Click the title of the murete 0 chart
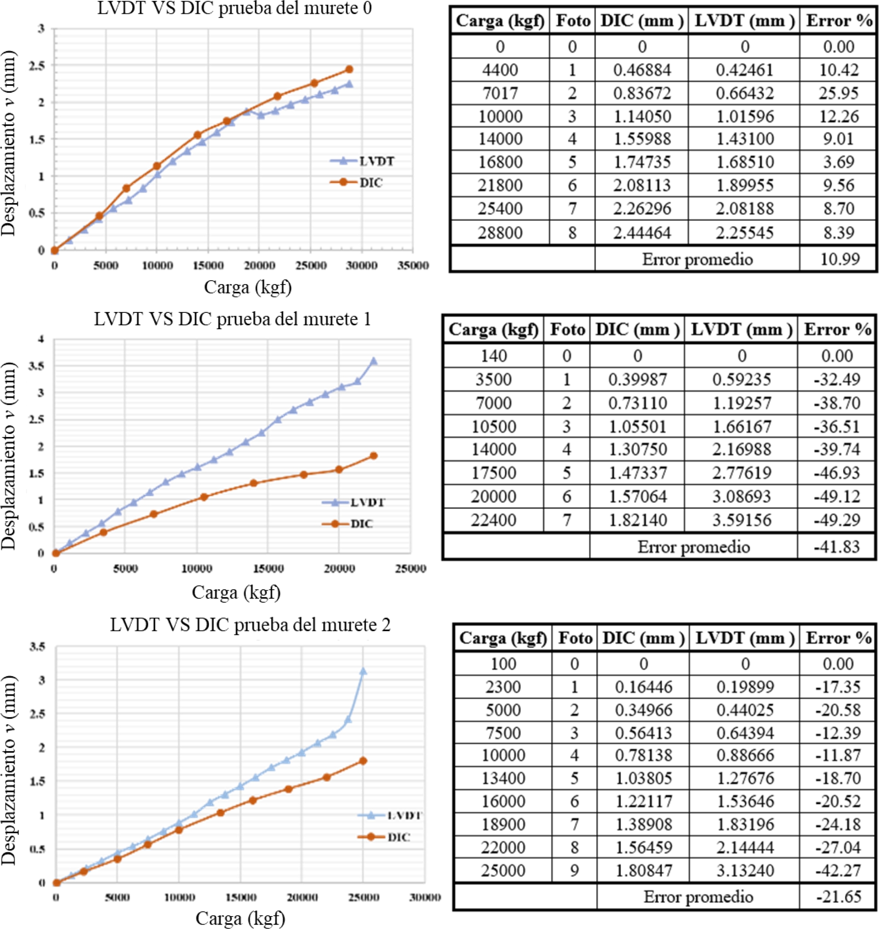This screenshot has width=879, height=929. (x=234, y=8)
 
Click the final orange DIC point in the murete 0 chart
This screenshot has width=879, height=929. (x=349, y=69)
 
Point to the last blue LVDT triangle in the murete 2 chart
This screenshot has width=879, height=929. (x=363, y=671)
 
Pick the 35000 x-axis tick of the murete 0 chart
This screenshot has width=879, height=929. (x=412, y=265)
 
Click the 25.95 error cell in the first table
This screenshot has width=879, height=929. (x=838, y=93)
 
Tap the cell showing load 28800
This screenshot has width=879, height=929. (x=500, y=233)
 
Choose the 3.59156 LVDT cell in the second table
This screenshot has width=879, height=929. (x=742, y=520)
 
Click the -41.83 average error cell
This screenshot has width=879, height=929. (x=836, y=547)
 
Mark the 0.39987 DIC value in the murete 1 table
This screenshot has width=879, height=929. (x=637, y=379)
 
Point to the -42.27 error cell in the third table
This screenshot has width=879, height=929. (x=838, y=871)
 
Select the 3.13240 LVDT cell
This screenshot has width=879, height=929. (x=745, y=871)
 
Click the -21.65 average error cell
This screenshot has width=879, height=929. (x=838, y=896)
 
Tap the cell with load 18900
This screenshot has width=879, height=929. (x=503, y=824)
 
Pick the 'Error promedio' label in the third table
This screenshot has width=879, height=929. (x=698, y=896)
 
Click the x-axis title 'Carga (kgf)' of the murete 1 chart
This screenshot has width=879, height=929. (x=236, y=593)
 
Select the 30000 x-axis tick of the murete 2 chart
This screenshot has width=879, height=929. (x=424, y=897)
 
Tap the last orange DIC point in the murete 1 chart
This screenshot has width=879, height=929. (x=374, y=456)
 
